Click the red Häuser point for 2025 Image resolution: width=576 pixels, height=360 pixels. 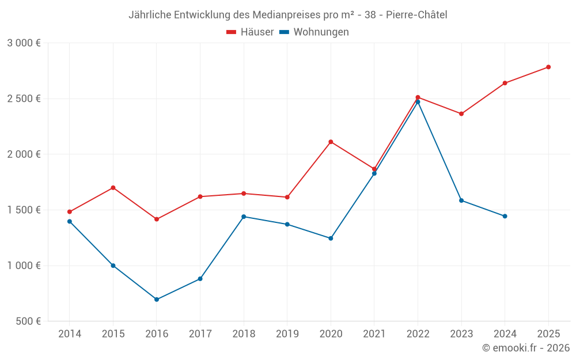click(548, 67)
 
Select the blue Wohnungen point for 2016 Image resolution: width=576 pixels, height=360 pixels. click(157, 300)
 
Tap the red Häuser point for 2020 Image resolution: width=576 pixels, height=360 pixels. click(331, 142)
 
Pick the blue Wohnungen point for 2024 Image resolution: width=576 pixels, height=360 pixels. click(505, 216)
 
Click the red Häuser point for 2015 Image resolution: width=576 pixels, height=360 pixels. click(113, 188)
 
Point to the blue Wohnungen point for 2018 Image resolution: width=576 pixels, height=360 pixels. click(244, 217)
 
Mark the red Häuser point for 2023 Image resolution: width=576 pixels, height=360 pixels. click(461, 113)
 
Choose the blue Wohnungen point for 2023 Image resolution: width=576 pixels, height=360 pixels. click(461, 200)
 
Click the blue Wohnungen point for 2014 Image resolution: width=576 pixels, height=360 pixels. click(70, 221)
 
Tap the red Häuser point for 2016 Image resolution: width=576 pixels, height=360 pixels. click(157, 219)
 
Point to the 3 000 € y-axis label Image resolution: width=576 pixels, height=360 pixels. click(24, 43)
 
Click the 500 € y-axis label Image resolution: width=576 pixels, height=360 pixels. click(28, 321)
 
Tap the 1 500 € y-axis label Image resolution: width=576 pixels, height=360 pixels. click(24, 210)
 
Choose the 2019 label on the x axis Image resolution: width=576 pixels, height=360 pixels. click(287, 334)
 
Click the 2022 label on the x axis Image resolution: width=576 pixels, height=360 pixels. click(418, 334)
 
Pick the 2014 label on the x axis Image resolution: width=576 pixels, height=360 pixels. click(70, 334)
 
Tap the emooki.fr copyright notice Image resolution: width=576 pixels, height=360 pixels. click(525, 348)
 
